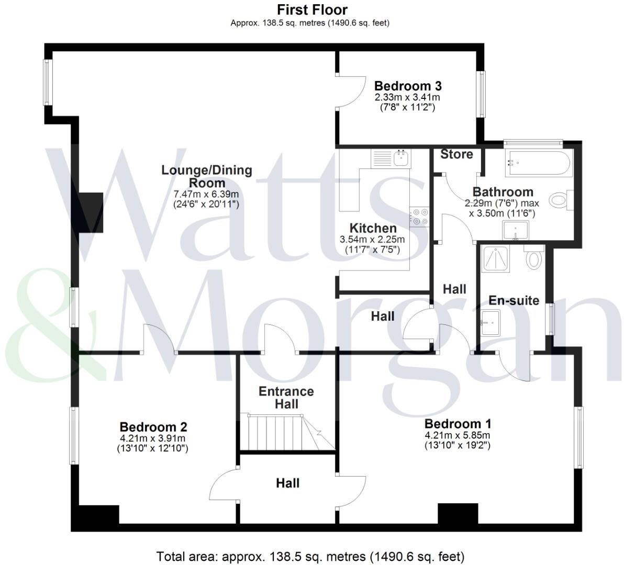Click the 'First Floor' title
point(312,9)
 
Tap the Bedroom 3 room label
point(407,86)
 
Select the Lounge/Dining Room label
point(206,176)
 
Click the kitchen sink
point(402,157)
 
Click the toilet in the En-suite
point(533,257)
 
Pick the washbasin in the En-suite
point(490,320)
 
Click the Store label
point(456,154)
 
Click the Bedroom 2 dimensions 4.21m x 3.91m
point(153,438)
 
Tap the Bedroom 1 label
point(458,424)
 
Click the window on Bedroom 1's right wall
point(578,437)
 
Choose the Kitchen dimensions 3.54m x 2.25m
point(372,240)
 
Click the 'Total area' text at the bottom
point(310,556)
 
